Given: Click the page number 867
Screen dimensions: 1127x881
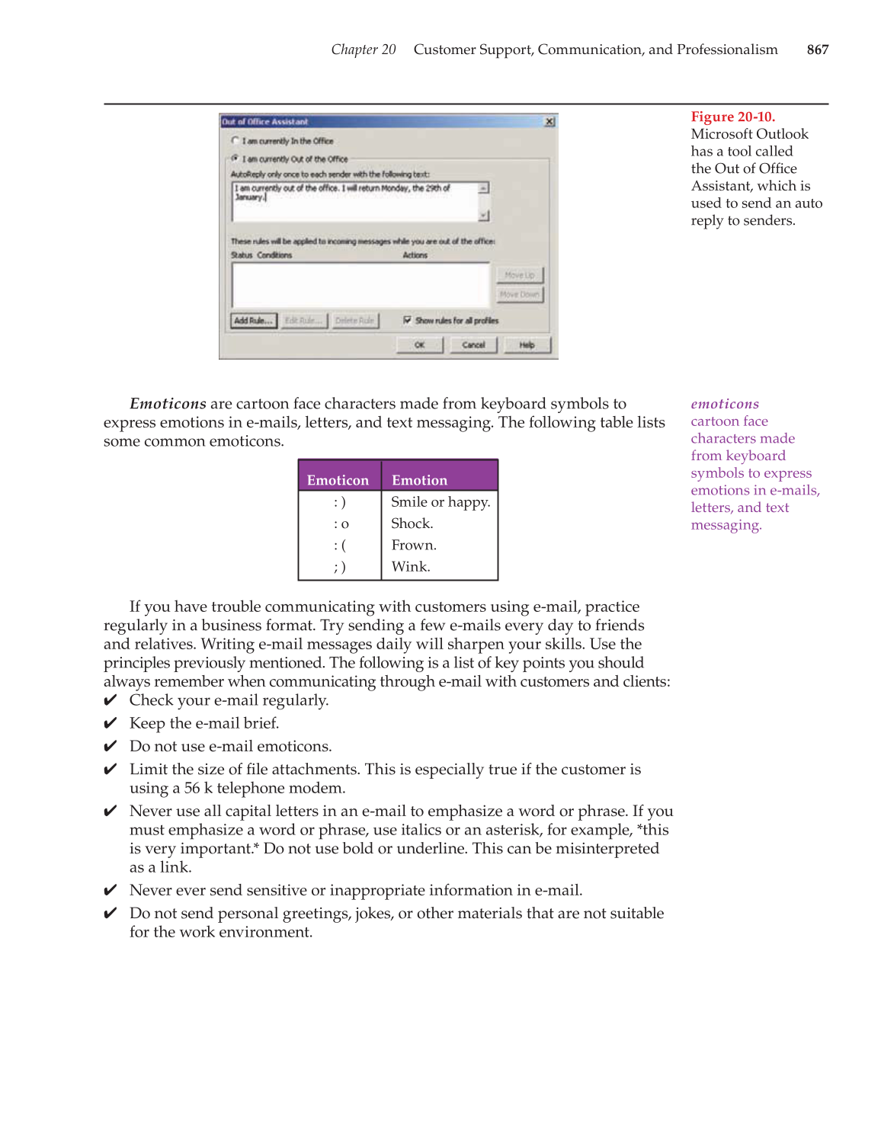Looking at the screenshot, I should [817, 50].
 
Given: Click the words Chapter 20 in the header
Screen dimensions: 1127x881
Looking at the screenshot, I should [363, 50].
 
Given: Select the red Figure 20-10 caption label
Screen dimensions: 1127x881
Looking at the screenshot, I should [732, 117].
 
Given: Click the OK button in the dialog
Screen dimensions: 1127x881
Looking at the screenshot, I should [419, 345].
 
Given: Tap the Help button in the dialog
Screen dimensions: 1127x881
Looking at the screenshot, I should [527, 345].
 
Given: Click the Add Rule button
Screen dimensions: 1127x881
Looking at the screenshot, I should [253, 321].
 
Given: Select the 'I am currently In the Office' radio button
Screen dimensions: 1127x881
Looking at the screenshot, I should [235, 141].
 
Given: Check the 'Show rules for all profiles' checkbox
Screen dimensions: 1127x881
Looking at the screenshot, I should [408, 321].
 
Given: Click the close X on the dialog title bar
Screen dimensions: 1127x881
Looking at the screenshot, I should [549, 122].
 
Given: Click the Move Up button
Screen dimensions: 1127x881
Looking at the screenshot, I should [520, 275].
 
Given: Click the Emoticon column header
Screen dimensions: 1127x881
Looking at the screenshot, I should [338, 480].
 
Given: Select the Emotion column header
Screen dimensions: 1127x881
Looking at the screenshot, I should [419, 480].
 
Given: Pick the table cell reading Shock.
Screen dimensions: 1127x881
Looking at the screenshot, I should [412, 523].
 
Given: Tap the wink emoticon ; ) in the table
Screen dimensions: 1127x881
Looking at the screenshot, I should [340, 567].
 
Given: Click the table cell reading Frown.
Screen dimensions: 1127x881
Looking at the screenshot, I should [414, 546].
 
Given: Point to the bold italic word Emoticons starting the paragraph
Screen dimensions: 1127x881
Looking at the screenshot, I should [168, 404].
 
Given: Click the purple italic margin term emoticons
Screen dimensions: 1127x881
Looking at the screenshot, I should [725, 404].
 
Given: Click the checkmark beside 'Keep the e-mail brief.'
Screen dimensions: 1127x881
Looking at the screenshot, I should [111, 723].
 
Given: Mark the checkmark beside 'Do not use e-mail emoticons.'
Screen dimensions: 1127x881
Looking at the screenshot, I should [111, 746].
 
